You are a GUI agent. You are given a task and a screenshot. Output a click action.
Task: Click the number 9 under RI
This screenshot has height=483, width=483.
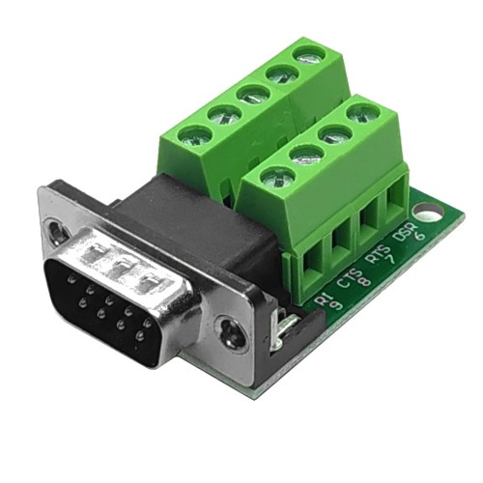click(x=337, y=303)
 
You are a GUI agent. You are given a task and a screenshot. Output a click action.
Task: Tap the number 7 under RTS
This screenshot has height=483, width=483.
click(x=391, y=259)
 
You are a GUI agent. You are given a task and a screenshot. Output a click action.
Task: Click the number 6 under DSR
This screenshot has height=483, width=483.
click(x=420, y=236)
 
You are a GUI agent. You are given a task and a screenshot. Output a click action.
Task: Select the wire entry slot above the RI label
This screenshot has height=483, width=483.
click(x=313, y=266)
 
